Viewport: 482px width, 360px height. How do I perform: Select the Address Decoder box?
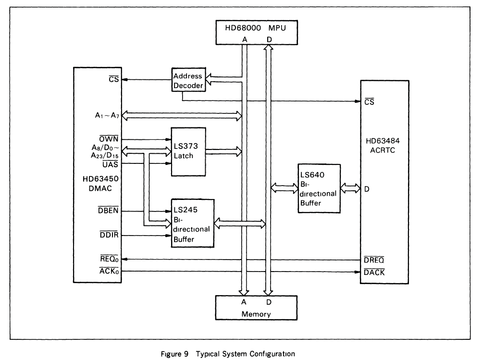(x=187, y=81)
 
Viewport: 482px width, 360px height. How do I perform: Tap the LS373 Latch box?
(x=188, y=151)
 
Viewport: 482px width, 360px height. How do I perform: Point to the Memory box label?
(x=255, y=314)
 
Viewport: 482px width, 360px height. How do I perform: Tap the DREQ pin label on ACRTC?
(x=373, y=260)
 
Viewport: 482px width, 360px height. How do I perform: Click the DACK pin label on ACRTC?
(x=373, y=273)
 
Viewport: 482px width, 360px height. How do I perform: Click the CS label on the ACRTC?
(x=369, y=102)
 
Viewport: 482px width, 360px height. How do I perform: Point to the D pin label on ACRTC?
(x=366, y=189)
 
